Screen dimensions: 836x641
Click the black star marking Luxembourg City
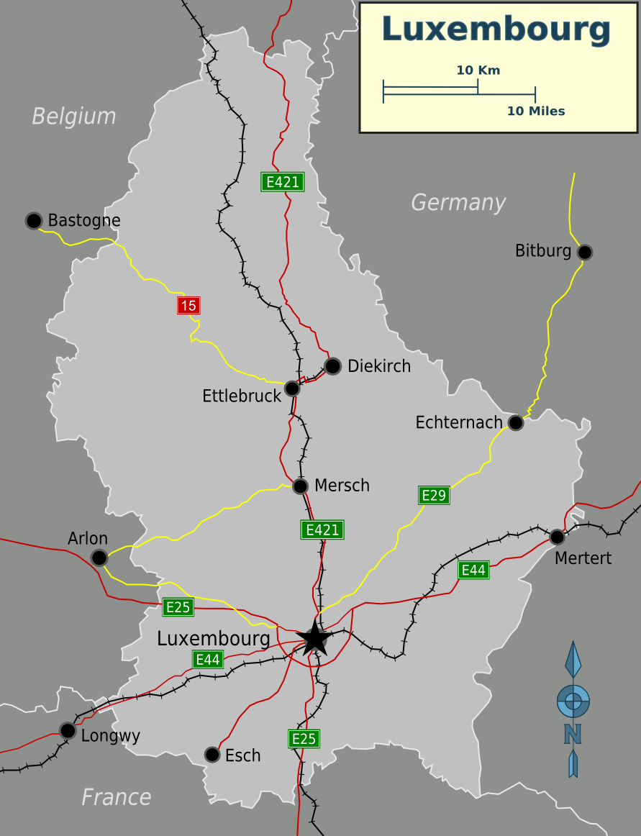pos(314,638)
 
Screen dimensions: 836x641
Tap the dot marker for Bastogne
pos(34,220)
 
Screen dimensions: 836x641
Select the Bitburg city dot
pos(585,252)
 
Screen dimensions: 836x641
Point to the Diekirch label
pos(378,366)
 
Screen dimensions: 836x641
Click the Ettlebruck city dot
pos(292,389)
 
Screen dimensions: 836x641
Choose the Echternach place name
pos(458,422)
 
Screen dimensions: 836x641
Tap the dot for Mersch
pos(301,486)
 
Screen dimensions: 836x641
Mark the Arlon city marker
pos(99,558)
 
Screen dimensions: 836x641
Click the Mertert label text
pos(583,558)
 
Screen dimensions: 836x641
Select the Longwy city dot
pos(68,731)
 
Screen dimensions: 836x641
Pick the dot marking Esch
pos(212,755)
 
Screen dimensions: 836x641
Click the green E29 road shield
pos(434,495)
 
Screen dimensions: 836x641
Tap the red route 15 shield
pos(188,306)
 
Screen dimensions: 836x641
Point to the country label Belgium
pos(73,117)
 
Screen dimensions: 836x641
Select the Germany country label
pos(458,203)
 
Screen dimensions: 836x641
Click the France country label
pos(116,797)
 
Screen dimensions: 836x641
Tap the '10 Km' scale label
pos(478,71)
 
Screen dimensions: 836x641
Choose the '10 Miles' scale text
pos(535,112)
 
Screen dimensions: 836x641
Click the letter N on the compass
pos(573,734)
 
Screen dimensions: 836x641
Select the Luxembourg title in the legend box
pos(496,29)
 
